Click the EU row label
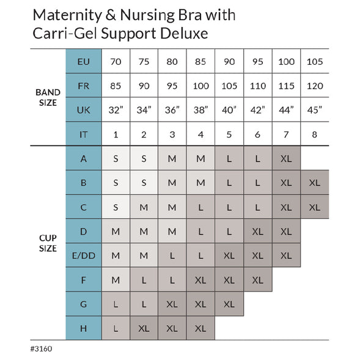click(84, 61)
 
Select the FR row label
click(84, 86)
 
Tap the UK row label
click(84, 110)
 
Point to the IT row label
click(84, 134)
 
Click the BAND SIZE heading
click(46, 98)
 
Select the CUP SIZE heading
click(46, 243)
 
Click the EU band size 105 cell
click(314, 61)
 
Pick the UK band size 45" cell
click(314, 110)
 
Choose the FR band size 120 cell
click(314, 86)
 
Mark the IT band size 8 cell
click(314, 134)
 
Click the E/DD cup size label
click(84, 255)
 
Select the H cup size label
click(84, 328)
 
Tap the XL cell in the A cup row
click(286, 158)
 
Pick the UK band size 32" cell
click(116, 110)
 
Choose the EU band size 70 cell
click(116, 61)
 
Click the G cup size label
click(84, 303)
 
